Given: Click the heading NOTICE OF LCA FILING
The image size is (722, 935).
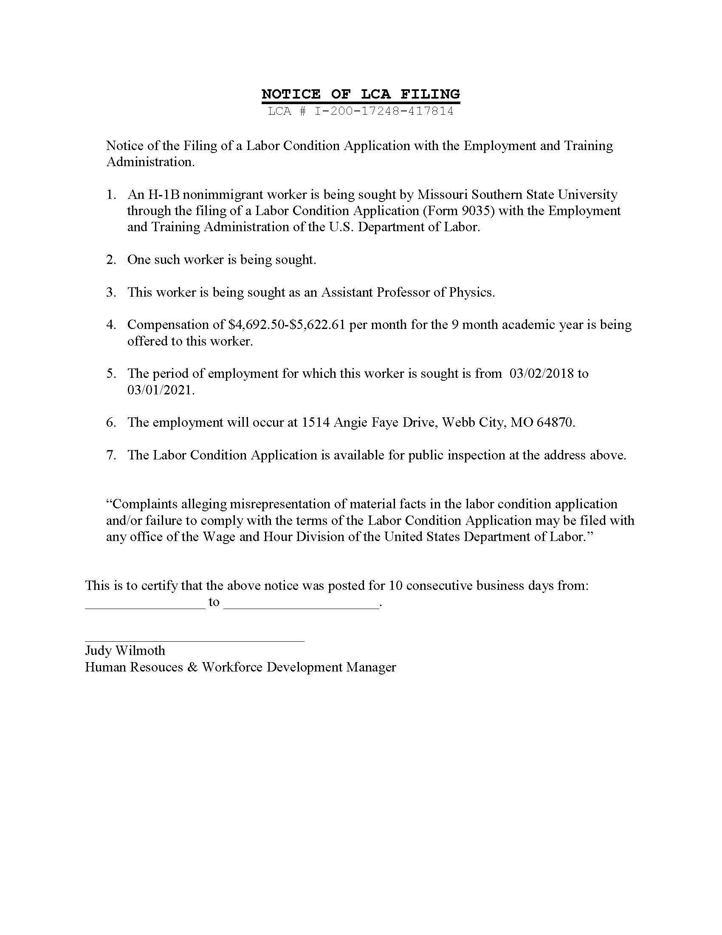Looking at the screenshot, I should click(x=361, y=94).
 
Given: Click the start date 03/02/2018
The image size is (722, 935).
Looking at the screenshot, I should click(x=541, y=373).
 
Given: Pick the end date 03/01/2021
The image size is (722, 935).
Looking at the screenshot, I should click(x=160, y=390).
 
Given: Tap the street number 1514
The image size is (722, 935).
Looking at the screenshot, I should click(x=316, y=422).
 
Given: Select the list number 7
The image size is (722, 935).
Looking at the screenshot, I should click(x=111, y=455).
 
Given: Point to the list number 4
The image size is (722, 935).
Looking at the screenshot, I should click(x=111, y=325).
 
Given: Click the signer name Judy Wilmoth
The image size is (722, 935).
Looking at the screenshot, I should click(x=125, y=650).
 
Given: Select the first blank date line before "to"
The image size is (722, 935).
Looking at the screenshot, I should click(x=145, y=607).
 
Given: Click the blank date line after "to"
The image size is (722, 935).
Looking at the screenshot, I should click(x=301, y=607).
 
